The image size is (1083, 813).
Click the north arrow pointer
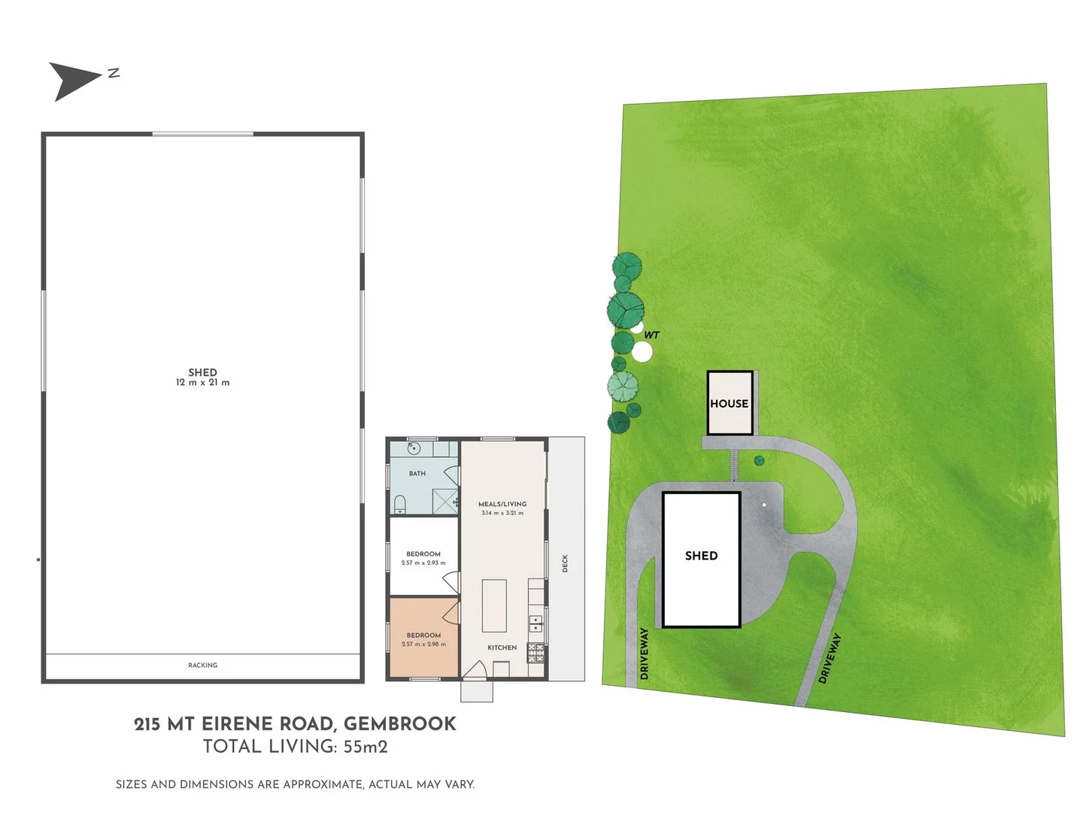(74, 80)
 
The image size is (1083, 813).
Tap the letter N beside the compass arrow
(114, 73)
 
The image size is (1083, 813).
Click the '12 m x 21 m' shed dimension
(202, 382)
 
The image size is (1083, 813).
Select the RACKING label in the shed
(202, 665)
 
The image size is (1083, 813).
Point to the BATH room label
(417, 473)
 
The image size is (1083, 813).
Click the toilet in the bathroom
(400, 504)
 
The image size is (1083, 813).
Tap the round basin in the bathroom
(413, 449)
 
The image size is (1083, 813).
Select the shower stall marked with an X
(445, 501)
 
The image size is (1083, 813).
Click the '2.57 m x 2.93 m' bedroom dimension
(423, 563)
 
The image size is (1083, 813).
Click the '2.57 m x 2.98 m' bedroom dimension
(423, 644)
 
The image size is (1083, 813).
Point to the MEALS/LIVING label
(502, 504)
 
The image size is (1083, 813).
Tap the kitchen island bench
(493, 605)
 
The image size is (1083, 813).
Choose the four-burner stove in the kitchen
(535, 653)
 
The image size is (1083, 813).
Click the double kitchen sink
(535, 623)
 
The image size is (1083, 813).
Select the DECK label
(565, 563)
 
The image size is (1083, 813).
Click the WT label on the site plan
(651, 335)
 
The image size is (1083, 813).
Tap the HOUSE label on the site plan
(729, 403)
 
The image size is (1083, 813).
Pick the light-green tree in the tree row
(623, 387)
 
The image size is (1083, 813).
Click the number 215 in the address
(147, 724)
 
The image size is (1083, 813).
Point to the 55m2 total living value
(366, 747)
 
